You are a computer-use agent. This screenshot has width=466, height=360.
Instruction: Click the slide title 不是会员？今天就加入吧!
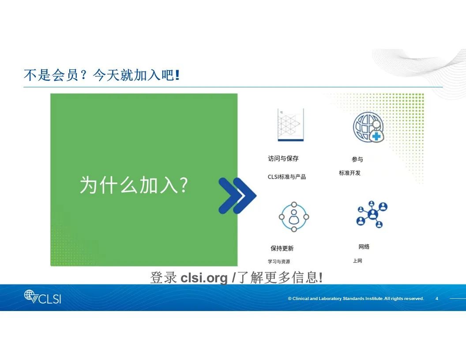101,75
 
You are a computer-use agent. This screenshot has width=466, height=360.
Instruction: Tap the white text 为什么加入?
134,185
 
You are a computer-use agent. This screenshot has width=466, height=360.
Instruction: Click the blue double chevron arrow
237,195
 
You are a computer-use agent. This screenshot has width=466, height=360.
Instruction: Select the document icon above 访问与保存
290,125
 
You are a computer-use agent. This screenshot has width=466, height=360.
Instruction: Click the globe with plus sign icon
368,127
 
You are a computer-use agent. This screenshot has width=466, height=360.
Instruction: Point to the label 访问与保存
283,158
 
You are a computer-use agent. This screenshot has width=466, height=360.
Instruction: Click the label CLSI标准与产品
287,177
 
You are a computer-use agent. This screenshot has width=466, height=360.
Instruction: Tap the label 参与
357,159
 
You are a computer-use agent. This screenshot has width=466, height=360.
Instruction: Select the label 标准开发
350,173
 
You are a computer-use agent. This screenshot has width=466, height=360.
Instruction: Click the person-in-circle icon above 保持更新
294,217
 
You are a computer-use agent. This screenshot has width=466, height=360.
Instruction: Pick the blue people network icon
372,214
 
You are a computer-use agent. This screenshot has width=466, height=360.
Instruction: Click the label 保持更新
282,248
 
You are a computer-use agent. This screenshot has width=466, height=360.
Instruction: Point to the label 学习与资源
279,261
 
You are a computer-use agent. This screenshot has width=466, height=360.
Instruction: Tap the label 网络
364,247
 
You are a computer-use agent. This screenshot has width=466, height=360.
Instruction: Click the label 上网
357,261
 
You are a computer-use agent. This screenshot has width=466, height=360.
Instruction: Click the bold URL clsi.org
204,278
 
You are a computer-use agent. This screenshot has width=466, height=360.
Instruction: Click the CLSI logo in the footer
42,297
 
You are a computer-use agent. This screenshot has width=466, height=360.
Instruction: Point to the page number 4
436,299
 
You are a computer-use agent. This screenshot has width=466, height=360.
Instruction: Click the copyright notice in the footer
356,299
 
